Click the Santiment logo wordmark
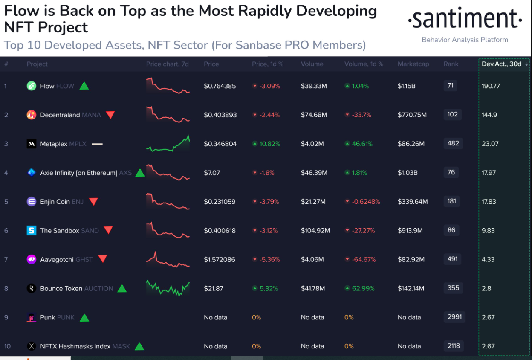(465, 19)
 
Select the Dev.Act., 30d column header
(501, 64)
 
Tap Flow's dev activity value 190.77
(491, 86)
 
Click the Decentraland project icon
(31, 115)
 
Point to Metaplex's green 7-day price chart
(168, 144)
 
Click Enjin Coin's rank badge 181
(452, 201)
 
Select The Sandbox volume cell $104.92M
(315, 231)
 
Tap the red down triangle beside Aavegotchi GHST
(102, 259)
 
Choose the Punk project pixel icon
(31, 317)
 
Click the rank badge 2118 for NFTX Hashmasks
(454, 346)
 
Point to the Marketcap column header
(413, 64)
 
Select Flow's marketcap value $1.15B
(407, 86)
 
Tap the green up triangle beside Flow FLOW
(84, 86)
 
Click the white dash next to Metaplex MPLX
(97, 144)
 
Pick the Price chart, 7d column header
(167, 64)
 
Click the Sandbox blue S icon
(31, 231)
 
